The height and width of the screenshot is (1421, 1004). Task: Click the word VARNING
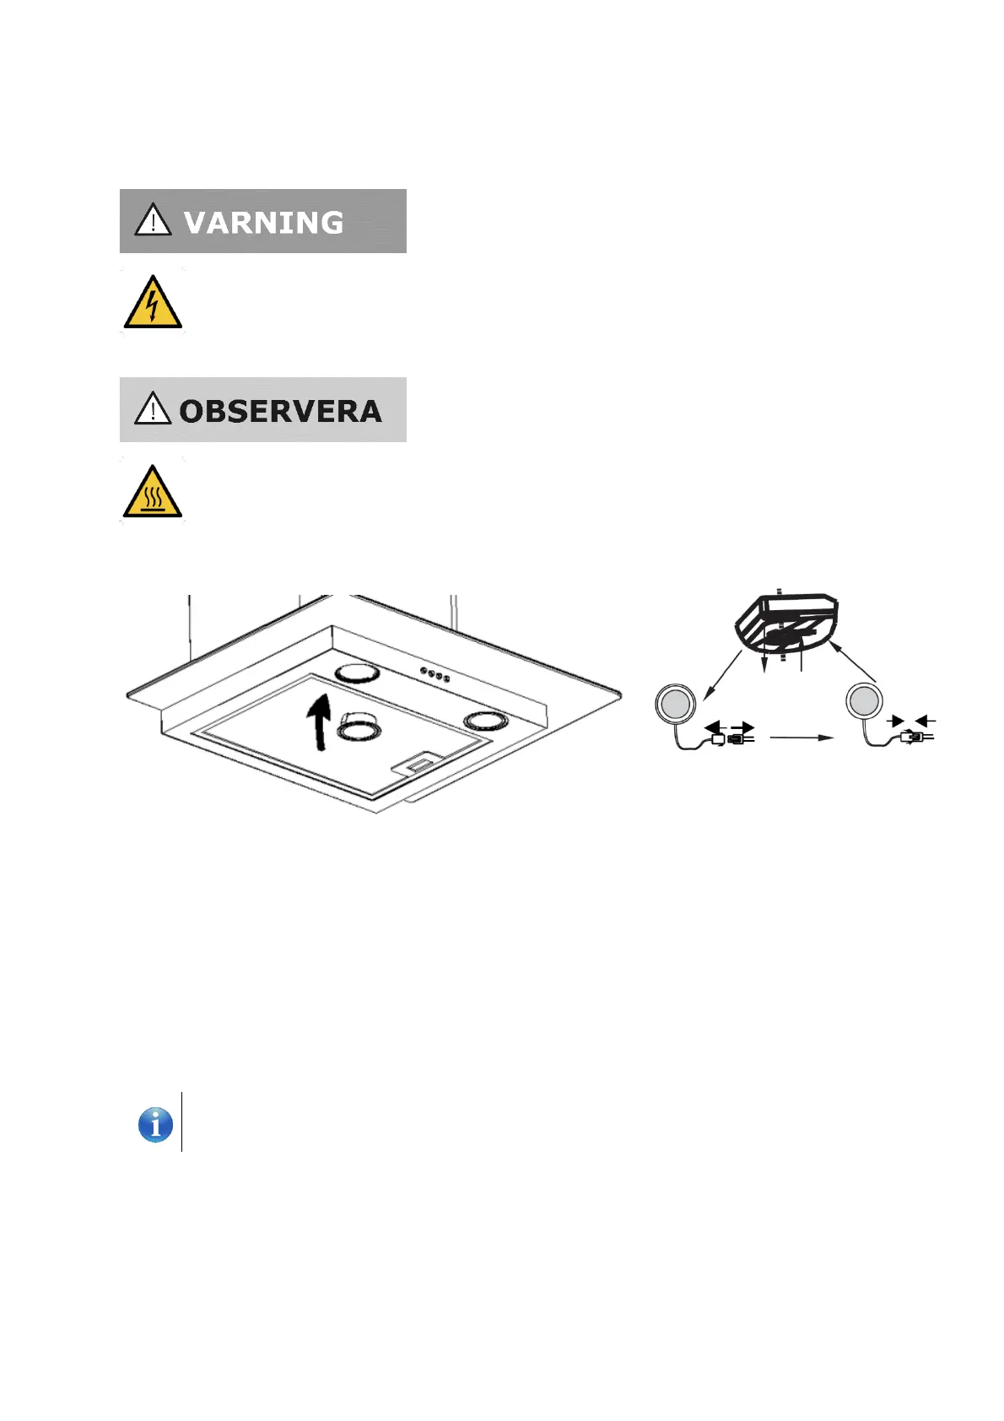pyautogui.click(x=263, y=223)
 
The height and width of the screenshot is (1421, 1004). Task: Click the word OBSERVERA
pyautogui.click(x=280, y=412)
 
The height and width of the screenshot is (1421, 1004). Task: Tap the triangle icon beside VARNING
pyautogui.click(x=153, y=221)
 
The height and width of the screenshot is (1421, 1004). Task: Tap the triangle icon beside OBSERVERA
pyautogui.click(x=153, y=409)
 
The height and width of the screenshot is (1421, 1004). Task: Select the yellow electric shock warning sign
pyautogui.click(x=153, y=303)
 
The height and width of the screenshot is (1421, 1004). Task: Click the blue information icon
pyautogui.click(x=155, y=1125)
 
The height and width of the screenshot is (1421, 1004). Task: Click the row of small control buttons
pyautogui.click(x=434, y=675)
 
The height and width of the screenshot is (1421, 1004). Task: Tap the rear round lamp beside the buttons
pyautogui.click(x=358, y=673)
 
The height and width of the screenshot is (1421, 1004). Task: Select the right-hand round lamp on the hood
pyautogui.click(x=482, y=721)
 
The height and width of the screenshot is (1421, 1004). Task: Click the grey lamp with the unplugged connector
pyautogui.click(x=675, y=704)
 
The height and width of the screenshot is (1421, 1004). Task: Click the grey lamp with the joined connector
pyautogui.click(x=864, y=701)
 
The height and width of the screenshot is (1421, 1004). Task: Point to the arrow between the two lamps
pyautogui.click(x=802, y=738)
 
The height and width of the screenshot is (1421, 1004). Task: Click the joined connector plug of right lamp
pyautogui.click(x=914, y=737)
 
